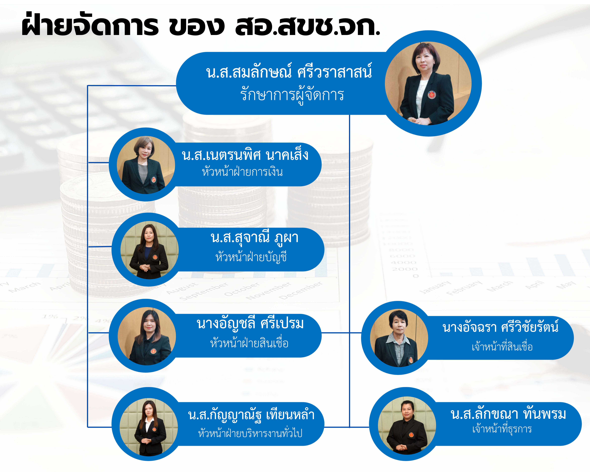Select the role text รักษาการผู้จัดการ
click(x=292, y=95)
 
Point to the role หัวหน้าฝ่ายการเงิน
click(x=242, y=172)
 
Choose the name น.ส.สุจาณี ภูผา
click(x=254, y=238)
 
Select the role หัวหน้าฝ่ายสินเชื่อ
click(x=249, y=343)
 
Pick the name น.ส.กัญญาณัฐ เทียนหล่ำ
click(x=251, y=414)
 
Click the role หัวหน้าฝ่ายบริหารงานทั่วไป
click(x=250, y=433)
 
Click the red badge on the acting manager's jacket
click(x=432, y=95)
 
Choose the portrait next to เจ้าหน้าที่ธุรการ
click(x=407, y=425)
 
